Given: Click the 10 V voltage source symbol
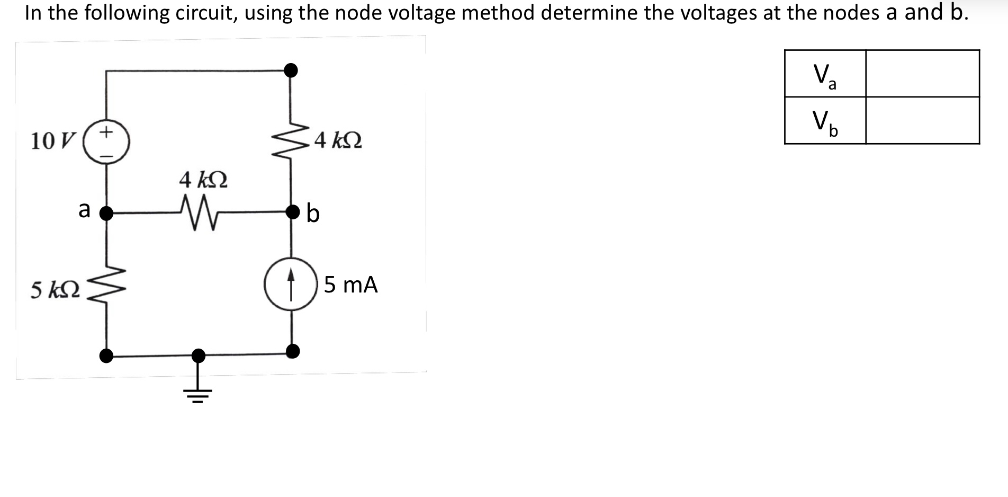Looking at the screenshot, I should click(106, 141).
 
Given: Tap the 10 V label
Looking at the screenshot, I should click(53, 141).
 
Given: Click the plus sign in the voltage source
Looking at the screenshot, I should click(106, 131).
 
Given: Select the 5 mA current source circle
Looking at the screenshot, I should click(291, 283).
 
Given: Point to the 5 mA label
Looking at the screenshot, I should click(350, 285).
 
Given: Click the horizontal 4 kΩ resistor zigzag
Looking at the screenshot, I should click(198, 213).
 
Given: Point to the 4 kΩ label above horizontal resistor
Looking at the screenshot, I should click(203, 180).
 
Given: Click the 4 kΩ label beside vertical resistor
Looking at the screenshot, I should click(338, 141).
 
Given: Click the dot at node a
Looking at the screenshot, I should click(106, 213).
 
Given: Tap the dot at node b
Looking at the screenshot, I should click(292, 212).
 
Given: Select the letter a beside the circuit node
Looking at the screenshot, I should click(84, 210).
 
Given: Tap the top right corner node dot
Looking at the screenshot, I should click(291, 70).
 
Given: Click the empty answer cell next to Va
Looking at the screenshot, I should click(922, 74).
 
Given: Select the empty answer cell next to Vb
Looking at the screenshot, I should click(922, 120).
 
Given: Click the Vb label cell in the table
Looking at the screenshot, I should click(825, 120).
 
